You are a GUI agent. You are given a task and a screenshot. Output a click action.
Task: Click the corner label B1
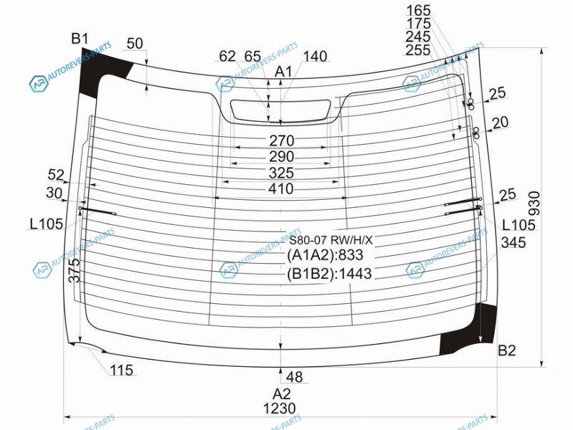pyautogui.click(x=80, y=39)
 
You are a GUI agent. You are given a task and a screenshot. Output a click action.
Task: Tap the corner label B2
pyautogui.click(x=506, y=350)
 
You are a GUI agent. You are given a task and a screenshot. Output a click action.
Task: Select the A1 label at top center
pyautogui.click(x=283, y=72)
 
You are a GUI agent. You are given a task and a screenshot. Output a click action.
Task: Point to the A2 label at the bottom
pyautogui.click(x=281, y=394)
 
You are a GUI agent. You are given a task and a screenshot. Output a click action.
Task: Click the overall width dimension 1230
pyautogui.click(x=280, y=408)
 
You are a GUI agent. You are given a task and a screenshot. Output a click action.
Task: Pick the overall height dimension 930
pyautogui.click(x=534, y=204)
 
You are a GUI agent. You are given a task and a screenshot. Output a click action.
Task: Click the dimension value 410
pyautogui.click(x=281, y=189)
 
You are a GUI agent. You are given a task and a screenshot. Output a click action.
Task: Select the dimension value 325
pyautogui.click(x=281, y=173)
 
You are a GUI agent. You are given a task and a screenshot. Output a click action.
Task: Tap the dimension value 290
pyautogui.click(x=281, y=157)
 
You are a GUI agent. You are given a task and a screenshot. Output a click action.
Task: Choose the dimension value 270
pyautogui.click(x=281, y=140)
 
